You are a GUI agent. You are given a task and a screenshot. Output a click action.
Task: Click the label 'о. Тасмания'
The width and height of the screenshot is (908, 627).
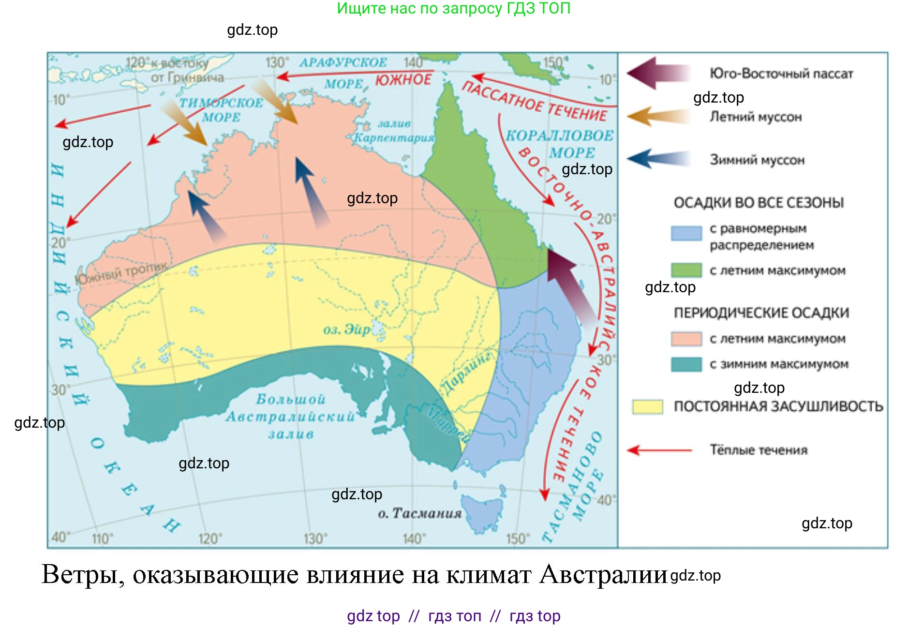pos(419,513)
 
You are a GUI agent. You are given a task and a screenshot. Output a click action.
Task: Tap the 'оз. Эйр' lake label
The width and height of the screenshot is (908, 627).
pos(346,330)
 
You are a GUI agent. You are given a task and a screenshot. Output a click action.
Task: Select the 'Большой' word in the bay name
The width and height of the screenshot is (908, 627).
pos(290,400)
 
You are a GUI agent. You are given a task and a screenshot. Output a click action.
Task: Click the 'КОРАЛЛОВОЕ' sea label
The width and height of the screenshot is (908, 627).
pos(559,136)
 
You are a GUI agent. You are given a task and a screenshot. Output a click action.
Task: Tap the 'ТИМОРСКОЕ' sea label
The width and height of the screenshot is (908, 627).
pos(221,103)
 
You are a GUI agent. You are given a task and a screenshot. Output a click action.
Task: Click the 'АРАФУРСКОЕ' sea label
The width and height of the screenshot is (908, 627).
pos(343,63)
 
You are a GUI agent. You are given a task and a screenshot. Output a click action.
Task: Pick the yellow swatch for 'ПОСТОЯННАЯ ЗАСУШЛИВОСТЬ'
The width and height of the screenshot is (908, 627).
pos(647,406)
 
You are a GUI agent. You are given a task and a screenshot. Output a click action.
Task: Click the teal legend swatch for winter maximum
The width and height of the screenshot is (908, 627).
pos(686,364)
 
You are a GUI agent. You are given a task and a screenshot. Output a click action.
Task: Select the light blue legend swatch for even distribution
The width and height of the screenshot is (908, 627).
pos(686,233)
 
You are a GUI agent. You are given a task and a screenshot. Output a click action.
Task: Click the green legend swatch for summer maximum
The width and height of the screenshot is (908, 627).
pos(686,270)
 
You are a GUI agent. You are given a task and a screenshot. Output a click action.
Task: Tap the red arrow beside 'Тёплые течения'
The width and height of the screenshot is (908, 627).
pos(659,450)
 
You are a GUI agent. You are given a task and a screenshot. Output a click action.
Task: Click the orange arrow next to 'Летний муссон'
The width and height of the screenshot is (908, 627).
pos(658,117)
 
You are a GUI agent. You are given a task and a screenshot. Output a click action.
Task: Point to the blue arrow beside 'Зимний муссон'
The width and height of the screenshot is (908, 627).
pos(658,159)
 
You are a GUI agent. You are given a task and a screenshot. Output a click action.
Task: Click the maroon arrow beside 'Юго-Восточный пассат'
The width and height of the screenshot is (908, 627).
pos(658,73)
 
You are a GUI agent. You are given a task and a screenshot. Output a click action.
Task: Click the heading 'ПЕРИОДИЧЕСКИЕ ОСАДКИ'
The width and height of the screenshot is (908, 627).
pos(761,313)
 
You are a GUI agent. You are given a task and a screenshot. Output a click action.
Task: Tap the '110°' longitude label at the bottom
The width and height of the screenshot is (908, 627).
pos(103,538)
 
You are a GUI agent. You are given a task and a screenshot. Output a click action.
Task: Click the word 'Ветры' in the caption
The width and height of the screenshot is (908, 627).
pos(83,575)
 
